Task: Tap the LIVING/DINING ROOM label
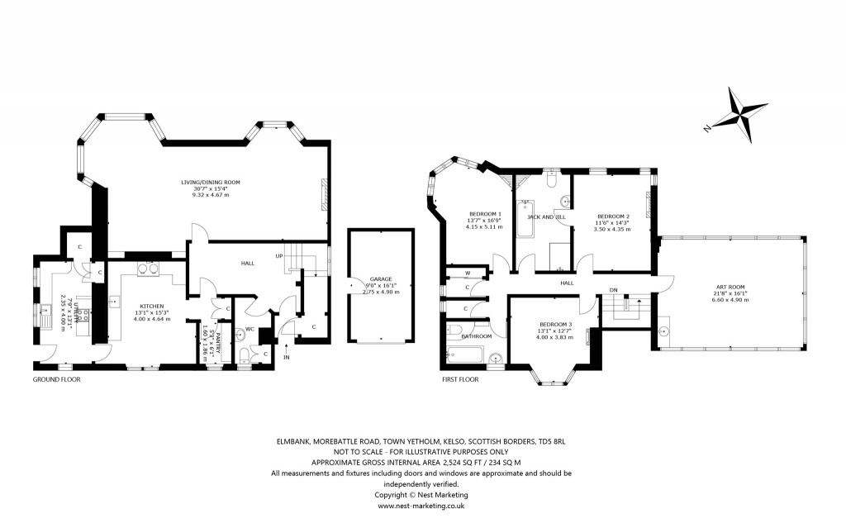click(216, 182)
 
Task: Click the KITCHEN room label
click(152, 306)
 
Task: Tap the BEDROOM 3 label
click(554, 324)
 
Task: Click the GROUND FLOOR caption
click(56, 379)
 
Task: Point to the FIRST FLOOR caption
click(459, 379)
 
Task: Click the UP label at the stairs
click(280, 256)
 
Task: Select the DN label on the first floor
click(613, 290)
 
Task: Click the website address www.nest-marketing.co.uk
click(422, 505)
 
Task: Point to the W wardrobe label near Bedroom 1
click(468, 272)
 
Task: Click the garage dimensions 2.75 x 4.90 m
click(381, 292)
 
